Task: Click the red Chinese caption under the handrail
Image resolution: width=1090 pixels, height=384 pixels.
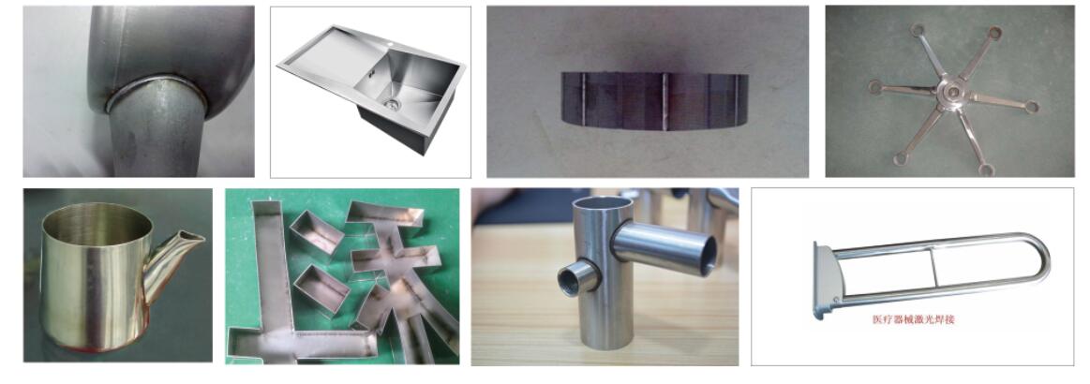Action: click(x=913, y=320)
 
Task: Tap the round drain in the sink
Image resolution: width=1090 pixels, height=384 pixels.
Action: click(x=392, y=104)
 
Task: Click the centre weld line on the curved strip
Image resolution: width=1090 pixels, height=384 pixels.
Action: click(x=664, y=102)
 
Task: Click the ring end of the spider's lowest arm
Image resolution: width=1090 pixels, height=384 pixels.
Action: click(x=986, y=169)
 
